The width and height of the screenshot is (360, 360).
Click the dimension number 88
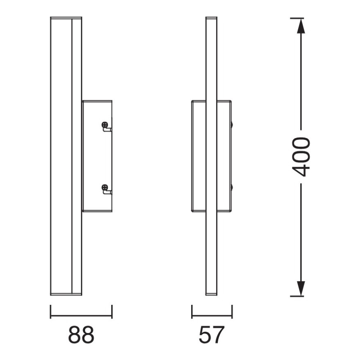pos(81,335)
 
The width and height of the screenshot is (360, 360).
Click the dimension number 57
pos(212,335)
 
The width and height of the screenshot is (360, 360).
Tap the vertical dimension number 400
pos(301,157)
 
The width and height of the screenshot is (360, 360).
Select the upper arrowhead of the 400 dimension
pos(301,26)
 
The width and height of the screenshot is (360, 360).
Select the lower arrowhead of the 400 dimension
pos(301,289)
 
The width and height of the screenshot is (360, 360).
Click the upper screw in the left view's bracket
pos(105,125)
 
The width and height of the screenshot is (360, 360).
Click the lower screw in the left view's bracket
pos(105,187)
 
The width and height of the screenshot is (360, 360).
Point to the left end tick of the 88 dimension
pos(51,311)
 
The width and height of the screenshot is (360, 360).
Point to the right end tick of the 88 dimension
pos(112,311)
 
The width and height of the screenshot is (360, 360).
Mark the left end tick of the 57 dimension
pos(192,311)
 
